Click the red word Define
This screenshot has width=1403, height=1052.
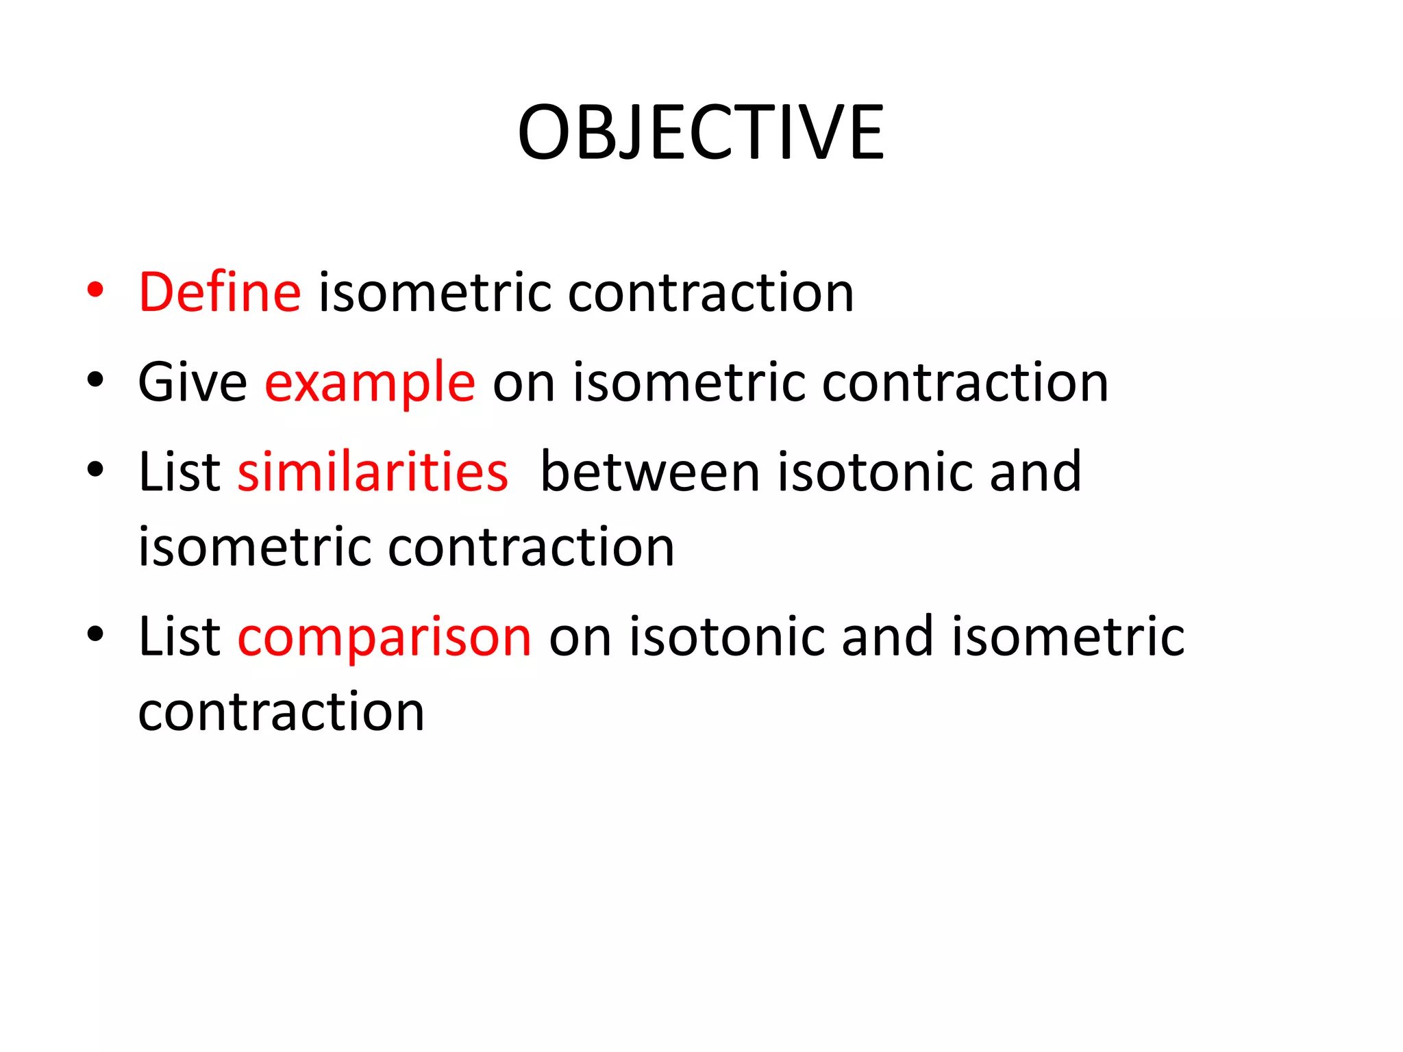[x=219, y=292]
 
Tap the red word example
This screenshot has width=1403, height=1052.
[x=370, y=383]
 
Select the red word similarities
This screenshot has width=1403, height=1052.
[x=373, y=472]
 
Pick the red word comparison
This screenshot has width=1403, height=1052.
[x=384, y=637]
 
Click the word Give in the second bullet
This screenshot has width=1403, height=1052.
[x=193, y=382]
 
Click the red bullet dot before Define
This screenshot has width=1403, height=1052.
[x=95, y=290]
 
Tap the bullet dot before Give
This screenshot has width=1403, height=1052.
[x=95, y=380]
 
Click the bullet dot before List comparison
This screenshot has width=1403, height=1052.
[x=95, y=635]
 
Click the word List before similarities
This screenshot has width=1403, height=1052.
[x=179, y=472]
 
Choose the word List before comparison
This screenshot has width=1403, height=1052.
[x=179, y=637]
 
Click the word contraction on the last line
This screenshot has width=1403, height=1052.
[x=282, y=712]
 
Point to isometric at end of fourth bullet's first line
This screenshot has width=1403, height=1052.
[x=1068, y=637]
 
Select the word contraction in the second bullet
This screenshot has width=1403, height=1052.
[x=965, y=383]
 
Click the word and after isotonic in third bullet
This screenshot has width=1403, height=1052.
[x=1035, y=472]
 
